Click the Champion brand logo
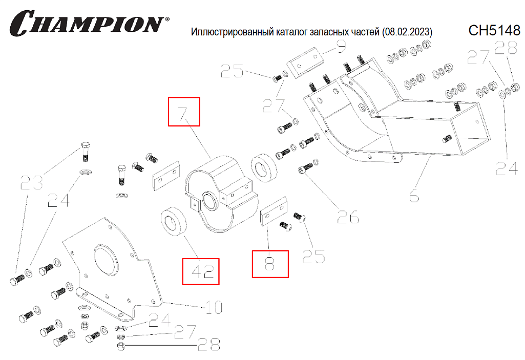coord(87,24)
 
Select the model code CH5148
coord(494,30)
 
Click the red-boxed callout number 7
coord(184,112)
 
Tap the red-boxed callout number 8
coord(270,264)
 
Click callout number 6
coord(414,196)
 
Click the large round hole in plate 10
coord(106,261)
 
